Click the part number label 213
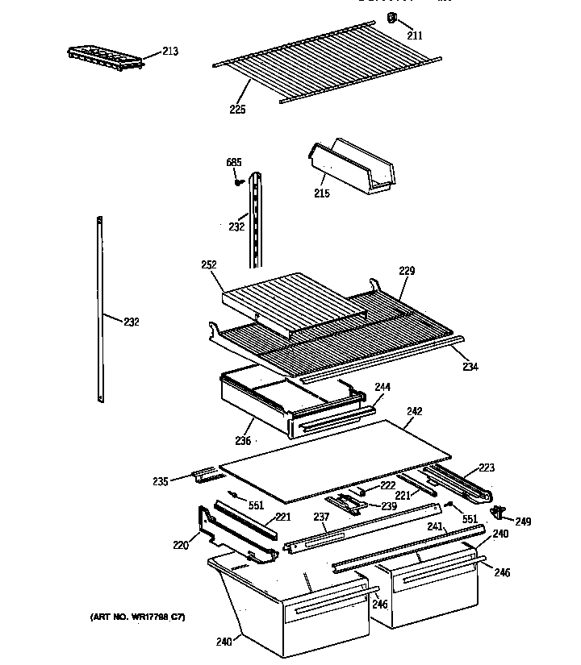pyautogui.click(x=170, y=52)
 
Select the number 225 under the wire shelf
pyautogui.click(x=236, y=110)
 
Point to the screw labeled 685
pyautogui.click(x=238, y=181)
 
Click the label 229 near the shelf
pyautogui.click(x=406, y=272)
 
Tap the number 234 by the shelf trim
pyautogui.click(x=470, y=367)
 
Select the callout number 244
pyautogui.click(x=382, y=387)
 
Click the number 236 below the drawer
pyautogui.click(x=243, y=440)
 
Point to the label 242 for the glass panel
pyautogui.click(x=414, y=411)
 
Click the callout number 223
pyautogui.click(x=487, y=468)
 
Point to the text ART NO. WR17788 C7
pyautogui.click(x=137, y=617)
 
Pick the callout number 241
pyautogui.click(x=435, y=526)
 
